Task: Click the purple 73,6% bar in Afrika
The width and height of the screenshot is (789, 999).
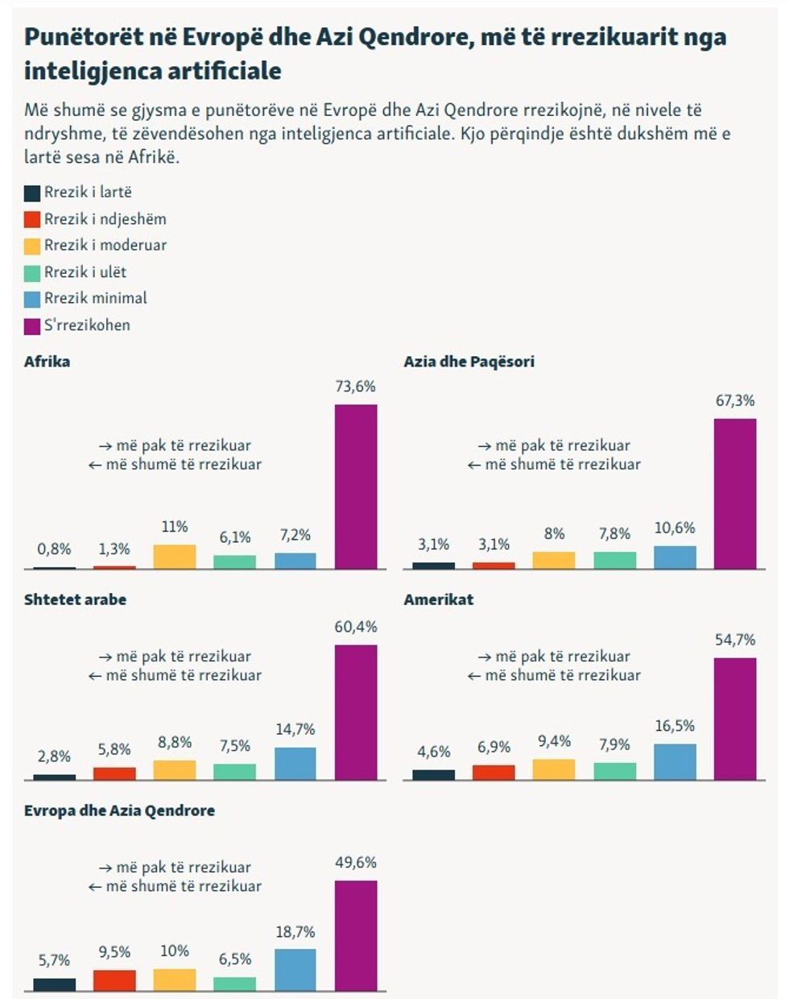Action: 356,487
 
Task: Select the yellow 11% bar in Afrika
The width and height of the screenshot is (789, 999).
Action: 175,557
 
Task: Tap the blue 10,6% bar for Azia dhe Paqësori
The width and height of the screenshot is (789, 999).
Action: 675,558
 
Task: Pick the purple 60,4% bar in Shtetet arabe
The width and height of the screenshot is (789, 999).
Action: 356,712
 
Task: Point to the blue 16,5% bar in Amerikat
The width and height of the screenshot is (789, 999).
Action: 675,762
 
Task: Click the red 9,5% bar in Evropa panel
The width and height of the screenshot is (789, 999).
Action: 114,980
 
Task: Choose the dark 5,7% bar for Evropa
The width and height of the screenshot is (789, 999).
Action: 54,984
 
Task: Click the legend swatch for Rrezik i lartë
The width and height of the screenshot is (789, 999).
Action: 32,193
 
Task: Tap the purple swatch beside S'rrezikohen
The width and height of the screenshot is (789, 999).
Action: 32,326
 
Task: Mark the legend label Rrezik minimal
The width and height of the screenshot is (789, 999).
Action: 95,298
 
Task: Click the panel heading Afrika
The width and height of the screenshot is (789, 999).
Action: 47,362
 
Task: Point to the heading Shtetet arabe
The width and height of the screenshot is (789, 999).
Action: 75,599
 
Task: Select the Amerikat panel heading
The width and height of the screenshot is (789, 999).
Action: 439,599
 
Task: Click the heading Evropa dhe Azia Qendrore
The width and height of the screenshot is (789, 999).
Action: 119,810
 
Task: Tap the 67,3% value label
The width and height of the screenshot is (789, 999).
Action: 735,400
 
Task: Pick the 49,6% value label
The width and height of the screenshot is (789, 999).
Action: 356,862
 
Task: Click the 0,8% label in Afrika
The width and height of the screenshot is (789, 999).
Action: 54,549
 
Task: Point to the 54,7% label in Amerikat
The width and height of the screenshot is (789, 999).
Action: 735,640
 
